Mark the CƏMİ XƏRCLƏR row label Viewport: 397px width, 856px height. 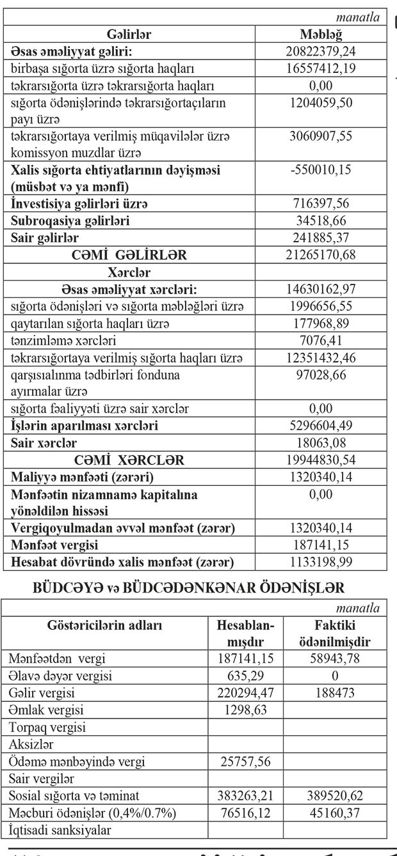click(129, 460)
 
